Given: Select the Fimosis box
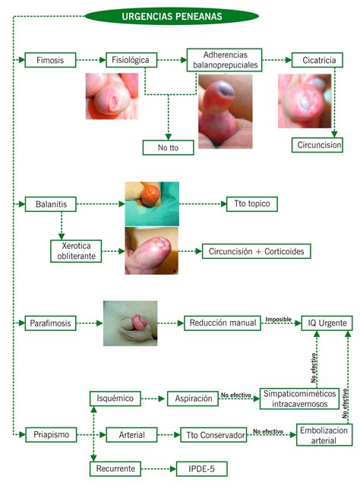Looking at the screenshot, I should click(50, 60).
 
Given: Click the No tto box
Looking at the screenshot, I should click(168, 147).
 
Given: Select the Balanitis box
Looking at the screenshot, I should click(50, 203).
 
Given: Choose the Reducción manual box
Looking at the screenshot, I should click(223, 323).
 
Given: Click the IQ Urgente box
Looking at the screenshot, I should click(327, 323).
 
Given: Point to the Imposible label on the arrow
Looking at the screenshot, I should click(278, 319).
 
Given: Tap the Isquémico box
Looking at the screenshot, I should click(115, 398).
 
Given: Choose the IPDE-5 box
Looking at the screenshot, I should click(201, 469).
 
